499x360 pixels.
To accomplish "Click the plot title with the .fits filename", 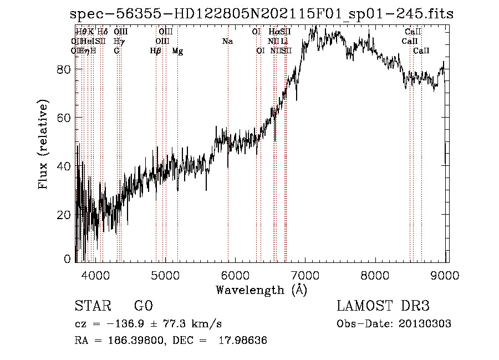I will [262, 14].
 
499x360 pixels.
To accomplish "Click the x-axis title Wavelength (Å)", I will [261, 290].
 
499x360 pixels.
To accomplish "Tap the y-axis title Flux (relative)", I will [43, 144].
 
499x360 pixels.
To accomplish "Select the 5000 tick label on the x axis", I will [165, 275].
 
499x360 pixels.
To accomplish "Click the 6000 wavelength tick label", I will [236, 275].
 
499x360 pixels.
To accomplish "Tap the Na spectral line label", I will [227, 42].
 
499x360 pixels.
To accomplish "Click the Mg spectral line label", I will [177, 51].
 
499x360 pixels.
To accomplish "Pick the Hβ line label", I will [156, 51].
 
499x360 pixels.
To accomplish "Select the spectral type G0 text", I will [144, 306].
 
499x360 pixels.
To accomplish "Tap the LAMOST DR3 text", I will [383, 306].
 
